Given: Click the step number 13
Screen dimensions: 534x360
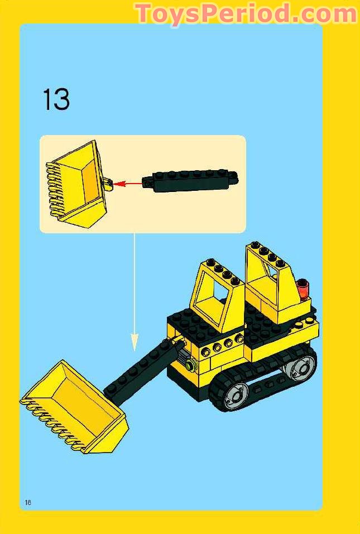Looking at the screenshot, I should point(56,100).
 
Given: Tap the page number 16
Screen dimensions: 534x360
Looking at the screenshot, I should point(28,502).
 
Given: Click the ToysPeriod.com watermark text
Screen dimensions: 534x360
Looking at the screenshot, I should point(246,13).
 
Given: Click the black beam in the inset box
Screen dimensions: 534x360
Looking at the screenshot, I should point(190,181).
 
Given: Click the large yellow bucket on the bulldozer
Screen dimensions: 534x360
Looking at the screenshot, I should point(75,407).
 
